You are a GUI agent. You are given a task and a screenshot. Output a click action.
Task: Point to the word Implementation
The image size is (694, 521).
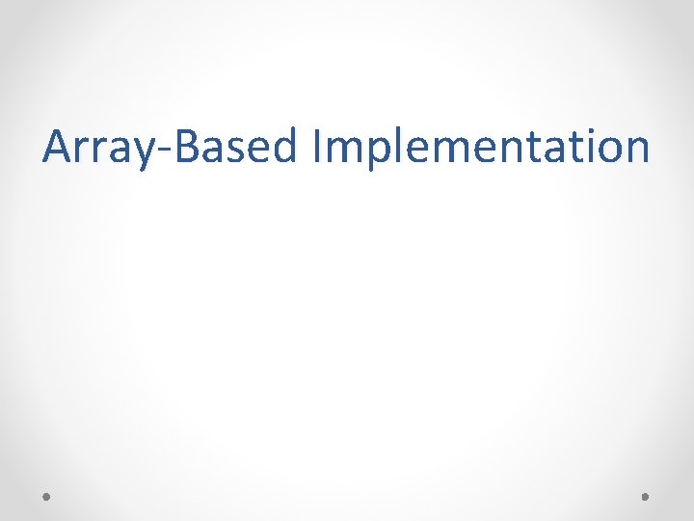pos(480,148)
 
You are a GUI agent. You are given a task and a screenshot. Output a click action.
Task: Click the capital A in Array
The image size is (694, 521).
pos(58,147)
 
